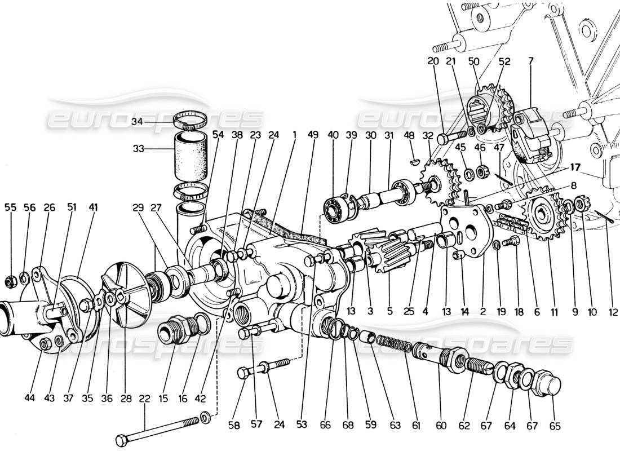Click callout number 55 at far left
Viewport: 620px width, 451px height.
11,207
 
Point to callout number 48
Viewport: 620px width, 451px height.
410,135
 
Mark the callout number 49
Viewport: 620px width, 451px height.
313,135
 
